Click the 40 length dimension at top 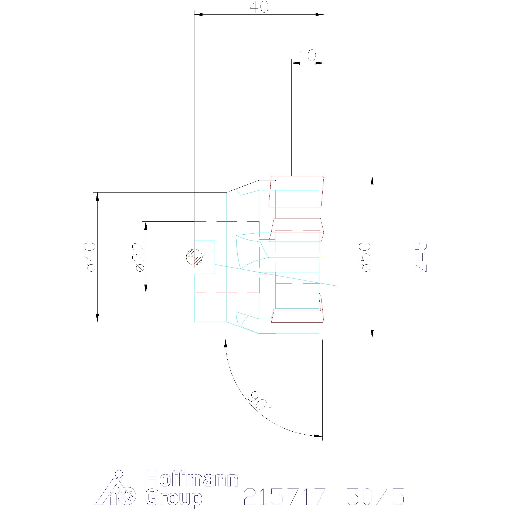(x=259, y=8)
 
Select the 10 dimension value (x=307, y=55)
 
